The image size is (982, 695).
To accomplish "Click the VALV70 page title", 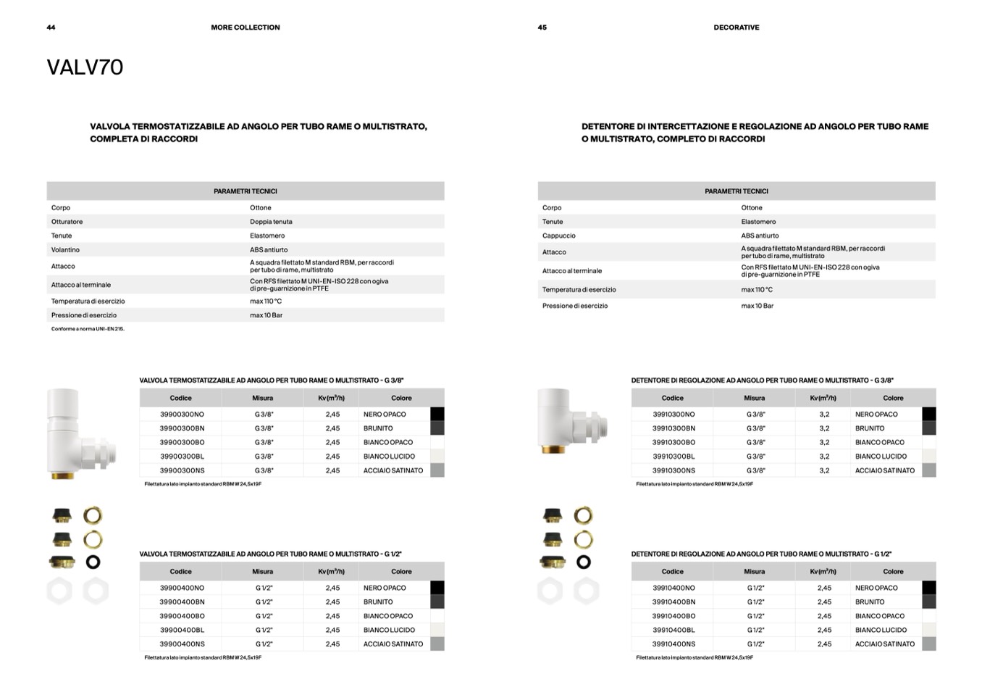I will pyautogui.click(x=85, y=67).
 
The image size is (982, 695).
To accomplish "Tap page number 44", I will pyautogui.click(x=51, y=28).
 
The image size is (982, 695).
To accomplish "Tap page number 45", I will pyautogui.click(x=542, y=28).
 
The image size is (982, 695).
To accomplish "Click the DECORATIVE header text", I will pyautogui.click(x=736, y=28).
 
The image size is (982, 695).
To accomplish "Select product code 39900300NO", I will pyautogui.click(x=182, y=415).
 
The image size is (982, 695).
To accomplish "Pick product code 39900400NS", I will pyautogui.click(x=182, y=644).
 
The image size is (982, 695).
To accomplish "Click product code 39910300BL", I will pyautogui.click(x=673, y=457).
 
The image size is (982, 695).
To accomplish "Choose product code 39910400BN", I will pyautogui.click(x=673, y=602).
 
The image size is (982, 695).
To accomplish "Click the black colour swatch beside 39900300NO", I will pyautogui.click(x=437, y=415).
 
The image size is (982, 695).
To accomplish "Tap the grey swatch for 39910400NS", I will pyautogui.click(x=929, y=644).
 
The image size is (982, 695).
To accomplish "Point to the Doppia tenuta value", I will pyautogui.click(x=271, y=222).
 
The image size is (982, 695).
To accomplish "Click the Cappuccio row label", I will pyautogui.click(x=559, y=236).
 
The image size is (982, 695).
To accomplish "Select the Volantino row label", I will pyautogui.click(x=65, y=250).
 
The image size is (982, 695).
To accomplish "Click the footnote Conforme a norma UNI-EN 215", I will pyautogui.click(x=88, y=329).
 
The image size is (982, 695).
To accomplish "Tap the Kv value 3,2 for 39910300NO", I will pyautogui.click(x=824, y=415).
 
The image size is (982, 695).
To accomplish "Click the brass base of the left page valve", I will pyautogui.click(x=62, y=475).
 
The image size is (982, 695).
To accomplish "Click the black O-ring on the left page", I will pyautogui.click(x=93, y=562).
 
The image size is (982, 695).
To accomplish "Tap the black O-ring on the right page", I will pyautogui.click(x=584, y=562).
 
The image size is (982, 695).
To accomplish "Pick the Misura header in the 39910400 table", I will pyautogui.click(x=754, y=572).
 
